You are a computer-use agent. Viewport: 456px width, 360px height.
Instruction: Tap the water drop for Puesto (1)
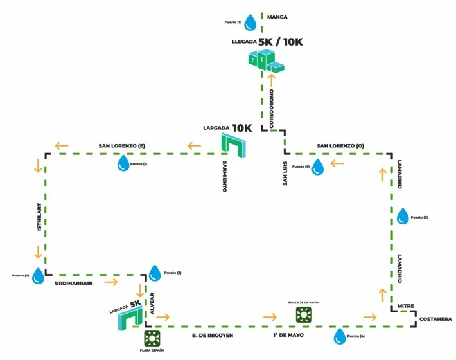pyautogui.click(x=123, y=165)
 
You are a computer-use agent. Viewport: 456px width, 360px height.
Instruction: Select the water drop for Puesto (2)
pyautogui.click(x=39, y=276)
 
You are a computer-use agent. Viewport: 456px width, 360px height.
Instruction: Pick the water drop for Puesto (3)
pyautogui.click(x=155, y=273)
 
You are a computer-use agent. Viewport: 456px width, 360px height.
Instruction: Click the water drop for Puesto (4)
pyautogui.click(x=339, y=336)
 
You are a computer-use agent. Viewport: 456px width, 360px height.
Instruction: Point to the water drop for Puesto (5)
pyautogui.click(x=403, y=217)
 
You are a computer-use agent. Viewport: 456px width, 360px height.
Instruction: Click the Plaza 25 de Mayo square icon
pyautogui.click(x=303, y=314)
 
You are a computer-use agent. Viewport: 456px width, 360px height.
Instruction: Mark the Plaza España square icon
pyautogui.click(x=152, y=338)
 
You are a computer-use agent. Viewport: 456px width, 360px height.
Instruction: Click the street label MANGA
pyautogui.click(x=277, y=17)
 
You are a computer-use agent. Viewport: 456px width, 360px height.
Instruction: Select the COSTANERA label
pyautogui.click(x=436, y=319)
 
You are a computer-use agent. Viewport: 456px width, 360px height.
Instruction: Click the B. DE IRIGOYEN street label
pyautogui.click(x=212, y=336)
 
